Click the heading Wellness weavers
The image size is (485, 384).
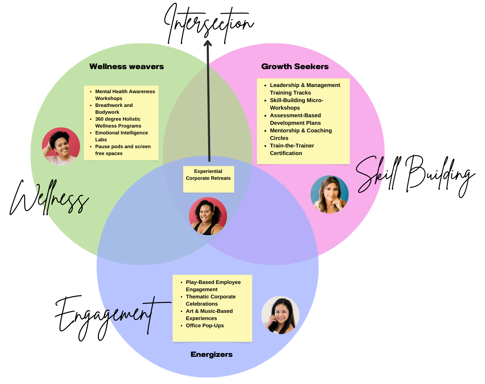(x=126, y=67)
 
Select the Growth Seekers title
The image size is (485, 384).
(x=295, y=67)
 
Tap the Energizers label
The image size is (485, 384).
(x=212, y=354)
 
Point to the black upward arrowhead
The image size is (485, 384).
(x=207, y=43)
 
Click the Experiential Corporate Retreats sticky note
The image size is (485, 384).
(x=208, y=179)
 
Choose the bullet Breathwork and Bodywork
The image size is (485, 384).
(x=114, y=109)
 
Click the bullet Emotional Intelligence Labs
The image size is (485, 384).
(x=121, y=136)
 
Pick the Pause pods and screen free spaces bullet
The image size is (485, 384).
(x=123, y=150)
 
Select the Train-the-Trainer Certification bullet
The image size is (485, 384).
(x=292, y=150)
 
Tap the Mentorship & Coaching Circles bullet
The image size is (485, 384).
(x=301, y=134)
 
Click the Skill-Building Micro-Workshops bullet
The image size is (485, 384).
(x=297, y=104)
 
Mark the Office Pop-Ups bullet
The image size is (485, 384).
(x=205, y=326)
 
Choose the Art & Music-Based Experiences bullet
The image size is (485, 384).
(x=209, y=315)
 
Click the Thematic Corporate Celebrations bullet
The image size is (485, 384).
(x=211, y=300)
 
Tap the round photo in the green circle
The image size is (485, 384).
(x=61, y=146)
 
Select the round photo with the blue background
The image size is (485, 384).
(x=330, y=195)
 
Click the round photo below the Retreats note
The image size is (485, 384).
(x=208, y=216)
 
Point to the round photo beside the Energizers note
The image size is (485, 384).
(x=280, y=315)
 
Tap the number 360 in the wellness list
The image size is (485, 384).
(x=100, y=119)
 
